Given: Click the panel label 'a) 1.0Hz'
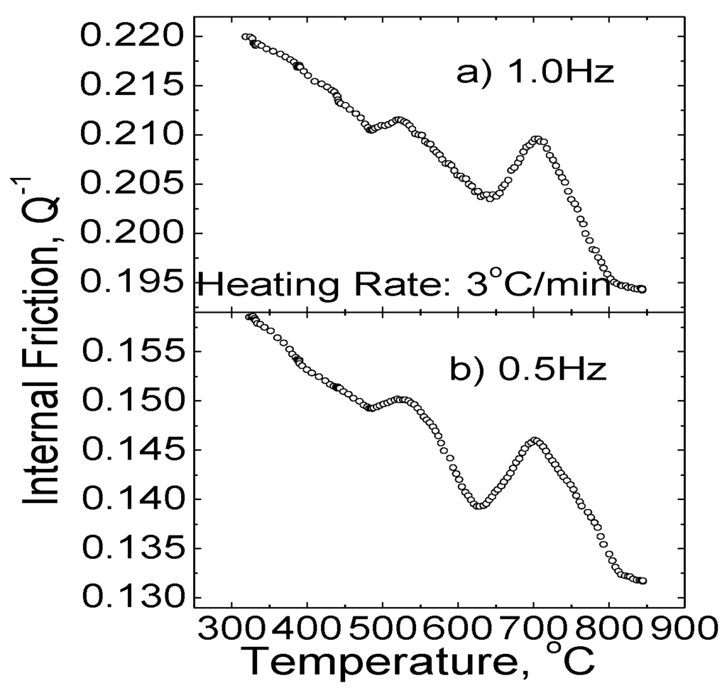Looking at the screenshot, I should [533, 73].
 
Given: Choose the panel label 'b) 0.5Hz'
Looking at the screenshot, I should [528, 370].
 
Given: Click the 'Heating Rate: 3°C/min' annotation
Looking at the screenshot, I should [403, 286].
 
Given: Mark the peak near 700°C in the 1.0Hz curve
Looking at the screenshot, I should [537, 140].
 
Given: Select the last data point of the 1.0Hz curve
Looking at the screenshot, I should [642, 289].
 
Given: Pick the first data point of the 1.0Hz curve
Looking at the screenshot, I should [245, 37].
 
